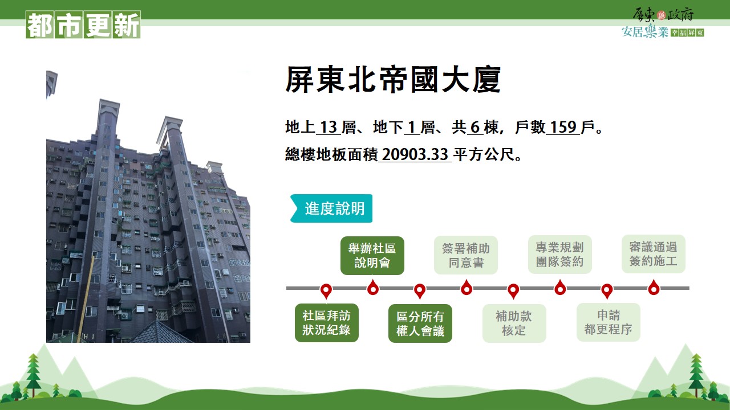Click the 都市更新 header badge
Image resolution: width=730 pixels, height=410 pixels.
(x=83, y=24)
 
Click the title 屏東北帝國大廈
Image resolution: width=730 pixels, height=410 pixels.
(x=393, y=79)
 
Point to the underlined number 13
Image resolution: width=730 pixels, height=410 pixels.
(x=328, y=127)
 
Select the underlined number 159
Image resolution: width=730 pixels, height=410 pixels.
(x=563, y=127)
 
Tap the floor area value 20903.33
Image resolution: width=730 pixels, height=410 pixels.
(x=415, y=154)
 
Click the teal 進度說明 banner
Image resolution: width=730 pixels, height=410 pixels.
(x=331, y=208)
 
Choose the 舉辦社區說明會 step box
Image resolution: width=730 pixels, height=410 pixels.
(x=372, y=256)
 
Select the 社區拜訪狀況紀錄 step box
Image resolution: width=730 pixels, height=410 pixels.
(x=327, y=323)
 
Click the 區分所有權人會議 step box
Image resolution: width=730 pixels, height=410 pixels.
(x=420, y=323)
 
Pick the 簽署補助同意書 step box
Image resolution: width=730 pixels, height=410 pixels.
(x=466, y=255)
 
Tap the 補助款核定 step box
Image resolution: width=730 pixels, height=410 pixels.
(x=514, y=323)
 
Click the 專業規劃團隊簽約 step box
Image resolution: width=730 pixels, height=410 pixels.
(x=560, y=255)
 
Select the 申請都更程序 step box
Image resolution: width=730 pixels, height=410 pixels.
(x=609, y=322)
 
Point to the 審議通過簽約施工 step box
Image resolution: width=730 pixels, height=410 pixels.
(x=654, y=254)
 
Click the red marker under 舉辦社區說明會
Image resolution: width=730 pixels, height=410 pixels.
(x=373, y=288)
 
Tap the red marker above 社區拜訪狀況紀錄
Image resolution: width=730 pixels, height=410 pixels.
(x=326, y=290)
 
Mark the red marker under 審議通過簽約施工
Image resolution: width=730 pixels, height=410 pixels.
(x=654, y=288)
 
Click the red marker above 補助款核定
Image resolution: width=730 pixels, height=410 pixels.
(x=513, y=290)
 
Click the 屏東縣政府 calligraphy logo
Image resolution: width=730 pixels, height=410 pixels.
(x=663, y=15)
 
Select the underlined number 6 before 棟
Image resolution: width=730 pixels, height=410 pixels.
(x=475, y=127)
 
